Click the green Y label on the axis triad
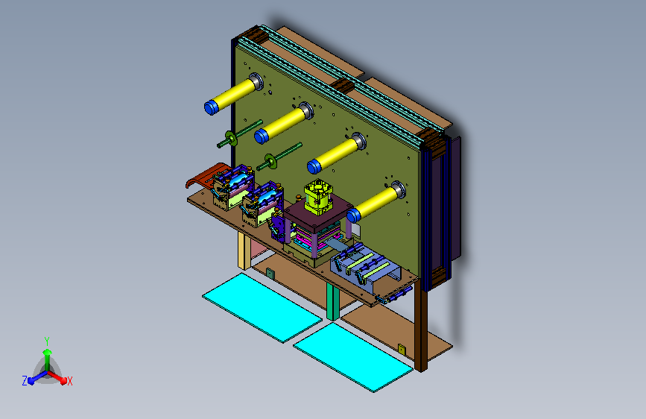point(47,341)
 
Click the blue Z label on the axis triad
point(25,381)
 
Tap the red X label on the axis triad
point(69,381)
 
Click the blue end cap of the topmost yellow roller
point(212,107)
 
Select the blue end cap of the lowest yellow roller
point(353,215)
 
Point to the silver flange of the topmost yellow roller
point(256,81)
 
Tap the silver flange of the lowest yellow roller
point(399,190)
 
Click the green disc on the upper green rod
point(231,138)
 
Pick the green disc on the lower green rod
point(270,161)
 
